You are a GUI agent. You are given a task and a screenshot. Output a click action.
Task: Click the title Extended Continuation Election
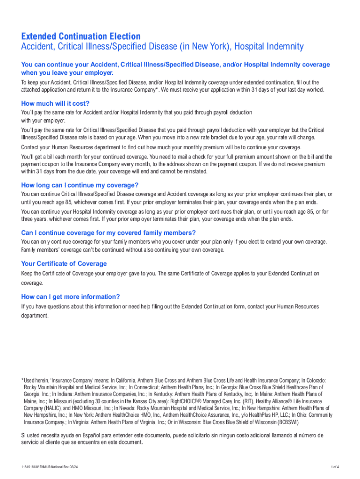click(80, 36)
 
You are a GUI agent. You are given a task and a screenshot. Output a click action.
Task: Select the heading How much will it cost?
click(55, 103)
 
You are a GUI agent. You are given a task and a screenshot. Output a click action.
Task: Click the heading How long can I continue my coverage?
click(80, 185)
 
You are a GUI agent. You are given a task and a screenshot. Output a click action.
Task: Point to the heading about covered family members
click(108, 233)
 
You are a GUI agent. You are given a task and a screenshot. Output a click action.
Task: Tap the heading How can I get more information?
click(71, 297)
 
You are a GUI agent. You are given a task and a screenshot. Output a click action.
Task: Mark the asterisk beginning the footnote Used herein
click(22, 380)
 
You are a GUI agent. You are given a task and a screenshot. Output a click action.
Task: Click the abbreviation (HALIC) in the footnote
click(54, 408)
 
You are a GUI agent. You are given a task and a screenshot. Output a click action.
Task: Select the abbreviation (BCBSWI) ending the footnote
click(287, 422)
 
